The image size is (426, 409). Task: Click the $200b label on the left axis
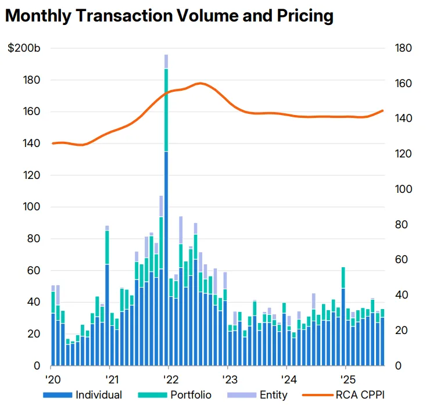pos(24,48)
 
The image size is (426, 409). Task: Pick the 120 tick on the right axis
pos(402,154)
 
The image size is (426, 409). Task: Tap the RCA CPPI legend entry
pos(343,395)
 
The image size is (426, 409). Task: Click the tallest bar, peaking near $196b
pos(166,232)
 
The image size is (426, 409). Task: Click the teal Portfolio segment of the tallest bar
pos(166,110)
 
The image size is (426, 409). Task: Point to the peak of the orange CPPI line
pos(199,83)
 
